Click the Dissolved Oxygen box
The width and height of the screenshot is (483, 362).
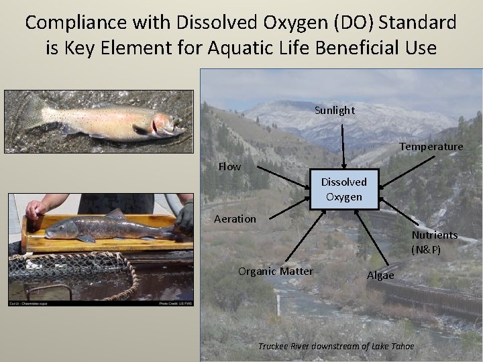[x=343, y=190]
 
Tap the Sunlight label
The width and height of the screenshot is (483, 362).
[x=334, y=110]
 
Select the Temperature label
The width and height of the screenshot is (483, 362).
[x=431, y=146]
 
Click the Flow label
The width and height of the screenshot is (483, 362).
[x=229, y=166]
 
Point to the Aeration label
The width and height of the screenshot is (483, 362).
[x=235, y=219]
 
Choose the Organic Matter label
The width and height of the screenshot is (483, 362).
[x=275, y=271]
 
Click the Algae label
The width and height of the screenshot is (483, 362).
[x=380, y=275]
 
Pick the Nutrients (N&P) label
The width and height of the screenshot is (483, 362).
[x=435, y=242]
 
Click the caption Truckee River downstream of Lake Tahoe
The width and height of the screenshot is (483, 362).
[x=336, y=346]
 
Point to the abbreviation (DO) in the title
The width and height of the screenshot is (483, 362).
[x=350, y=22]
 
